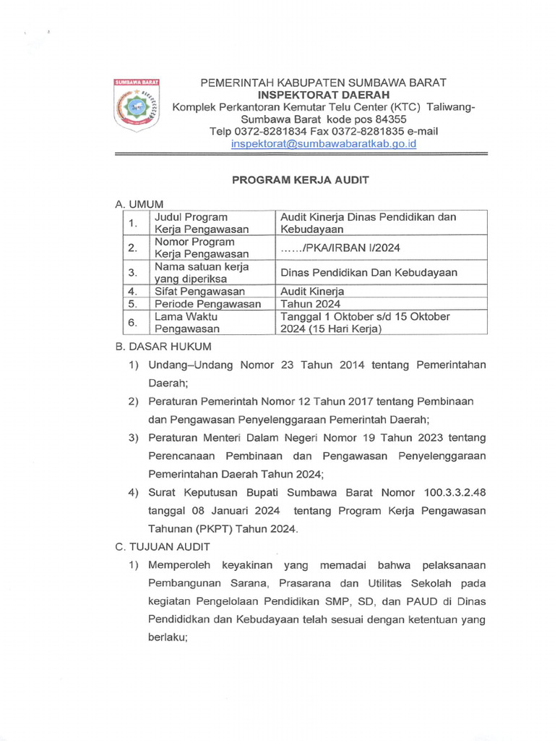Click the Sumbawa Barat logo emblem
click(x=137, y=106)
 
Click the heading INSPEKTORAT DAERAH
click(x=324, y=95)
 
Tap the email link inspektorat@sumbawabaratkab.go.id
click(x=324, y=143)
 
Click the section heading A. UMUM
click(x=139, y=205)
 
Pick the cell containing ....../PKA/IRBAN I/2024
click(x=340, y=248)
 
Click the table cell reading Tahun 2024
click(x=310, y=304)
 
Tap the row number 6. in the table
click(x=132, y=322)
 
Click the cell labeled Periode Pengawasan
click(x=208, y=304)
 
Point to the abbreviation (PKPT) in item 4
click(x=215, y=529)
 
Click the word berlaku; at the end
click(x=168, y=638)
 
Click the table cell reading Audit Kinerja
click(x=312, y=291)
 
